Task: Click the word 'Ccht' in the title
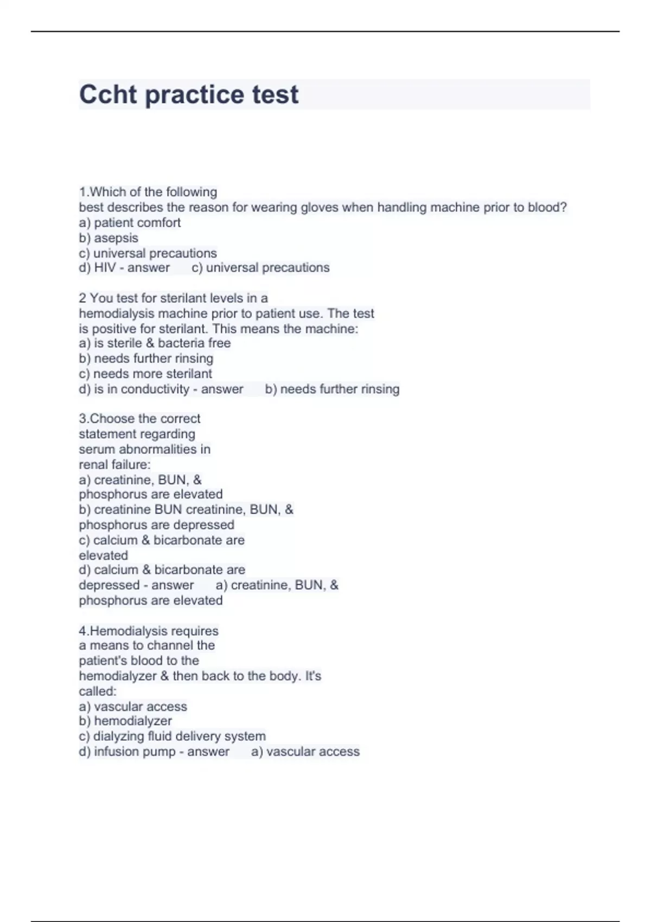coord(108,94)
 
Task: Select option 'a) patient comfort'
coord(130,222)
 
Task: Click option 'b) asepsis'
coord(108,238)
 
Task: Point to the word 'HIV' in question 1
coord(105,267)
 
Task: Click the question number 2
coord(82,298)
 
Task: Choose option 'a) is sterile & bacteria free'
coord(155,343)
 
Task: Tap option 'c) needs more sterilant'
coord(145,374)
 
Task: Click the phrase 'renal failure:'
coord(114,464)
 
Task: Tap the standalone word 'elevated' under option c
coord(103,555)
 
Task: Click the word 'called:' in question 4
coord(98,691)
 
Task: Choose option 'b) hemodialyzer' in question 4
coord(125,721)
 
